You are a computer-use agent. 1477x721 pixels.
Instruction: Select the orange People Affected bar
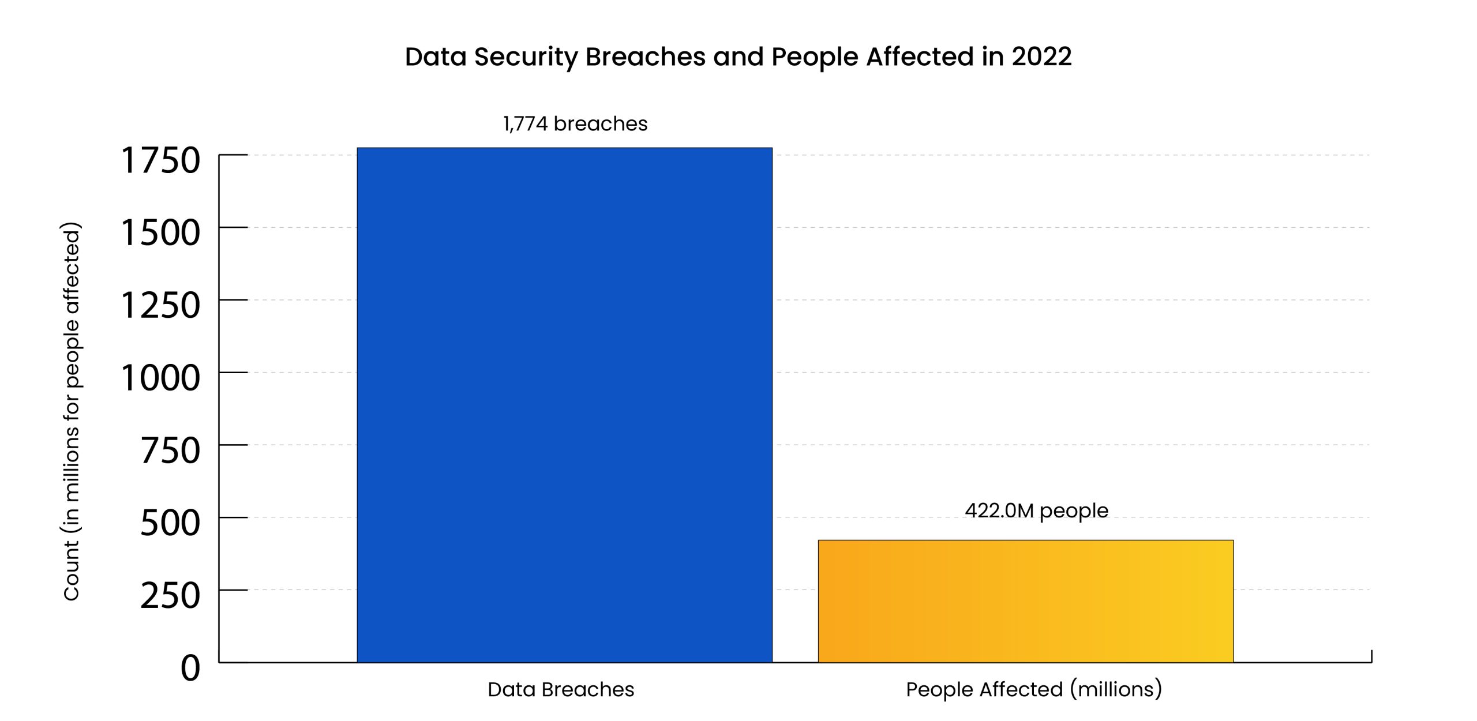coord(1025,601)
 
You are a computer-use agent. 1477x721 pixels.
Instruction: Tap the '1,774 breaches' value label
coord(575,124)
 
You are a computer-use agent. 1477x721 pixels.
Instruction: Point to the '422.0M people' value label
coord(1036,510)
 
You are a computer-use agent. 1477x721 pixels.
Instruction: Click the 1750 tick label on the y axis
coord(160,160)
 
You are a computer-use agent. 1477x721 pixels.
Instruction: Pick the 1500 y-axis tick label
coord(160,233)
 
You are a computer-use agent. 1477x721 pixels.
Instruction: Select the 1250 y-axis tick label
coord(160,305)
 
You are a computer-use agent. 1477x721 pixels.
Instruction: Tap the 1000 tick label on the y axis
coord(160,378)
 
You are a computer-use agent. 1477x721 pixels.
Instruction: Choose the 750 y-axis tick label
coord(170,450)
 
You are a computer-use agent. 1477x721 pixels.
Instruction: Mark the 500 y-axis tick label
coord(170,523)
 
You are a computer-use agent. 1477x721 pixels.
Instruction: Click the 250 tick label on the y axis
coord(170,595)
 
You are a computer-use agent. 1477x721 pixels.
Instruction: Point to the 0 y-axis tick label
coord(190,668)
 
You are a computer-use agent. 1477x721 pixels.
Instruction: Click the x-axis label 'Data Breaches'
coord(561,689)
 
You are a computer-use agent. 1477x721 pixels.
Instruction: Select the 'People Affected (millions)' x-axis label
coord(1034,689)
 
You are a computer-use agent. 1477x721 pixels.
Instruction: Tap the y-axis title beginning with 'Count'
coord(72,411)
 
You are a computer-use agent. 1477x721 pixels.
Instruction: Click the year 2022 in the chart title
coord(1041,57)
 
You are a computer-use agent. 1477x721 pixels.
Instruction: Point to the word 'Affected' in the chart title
coord(920,57)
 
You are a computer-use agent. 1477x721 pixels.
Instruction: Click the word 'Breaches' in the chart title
coord(646,57)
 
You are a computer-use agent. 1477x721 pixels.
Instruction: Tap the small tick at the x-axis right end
coord(1371,656)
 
